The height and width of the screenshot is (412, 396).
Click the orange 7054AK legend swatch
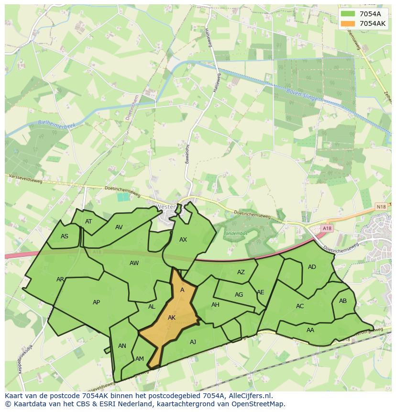(348, 23)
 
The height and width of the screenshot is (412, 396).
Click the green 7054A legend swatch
(348, 14)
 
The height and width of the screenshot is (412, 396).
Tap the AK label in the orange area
(172, 317)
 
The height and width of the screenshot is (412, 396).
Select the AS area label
(65, 236)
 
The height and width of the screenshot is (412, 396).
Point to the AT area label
(88, 222)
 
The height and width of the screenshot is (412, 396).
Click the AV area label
(119, 227)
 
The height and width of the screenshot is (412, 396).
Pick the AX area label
(183, 240)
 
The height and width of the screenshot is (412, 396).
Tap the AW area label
(134, 263)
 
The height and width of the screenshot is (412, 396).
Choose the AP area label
(97, 302)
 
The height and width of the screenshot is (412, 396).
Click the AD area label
(312, 267)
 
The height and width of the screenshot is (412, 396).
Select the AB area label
(342, 301)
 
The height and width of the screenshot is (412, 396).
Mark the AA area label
(310, 330)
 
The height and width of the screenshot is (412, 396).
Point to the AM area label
(140, 359)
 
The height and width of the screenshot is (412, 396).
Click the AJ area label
(193, 342)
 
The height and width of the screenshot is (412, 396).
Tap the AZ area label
(241, 272)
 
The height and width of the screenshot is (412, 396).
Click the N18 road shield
(381, 206)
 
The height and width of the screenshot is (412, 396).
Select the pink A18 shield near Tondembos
(327, 229)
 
